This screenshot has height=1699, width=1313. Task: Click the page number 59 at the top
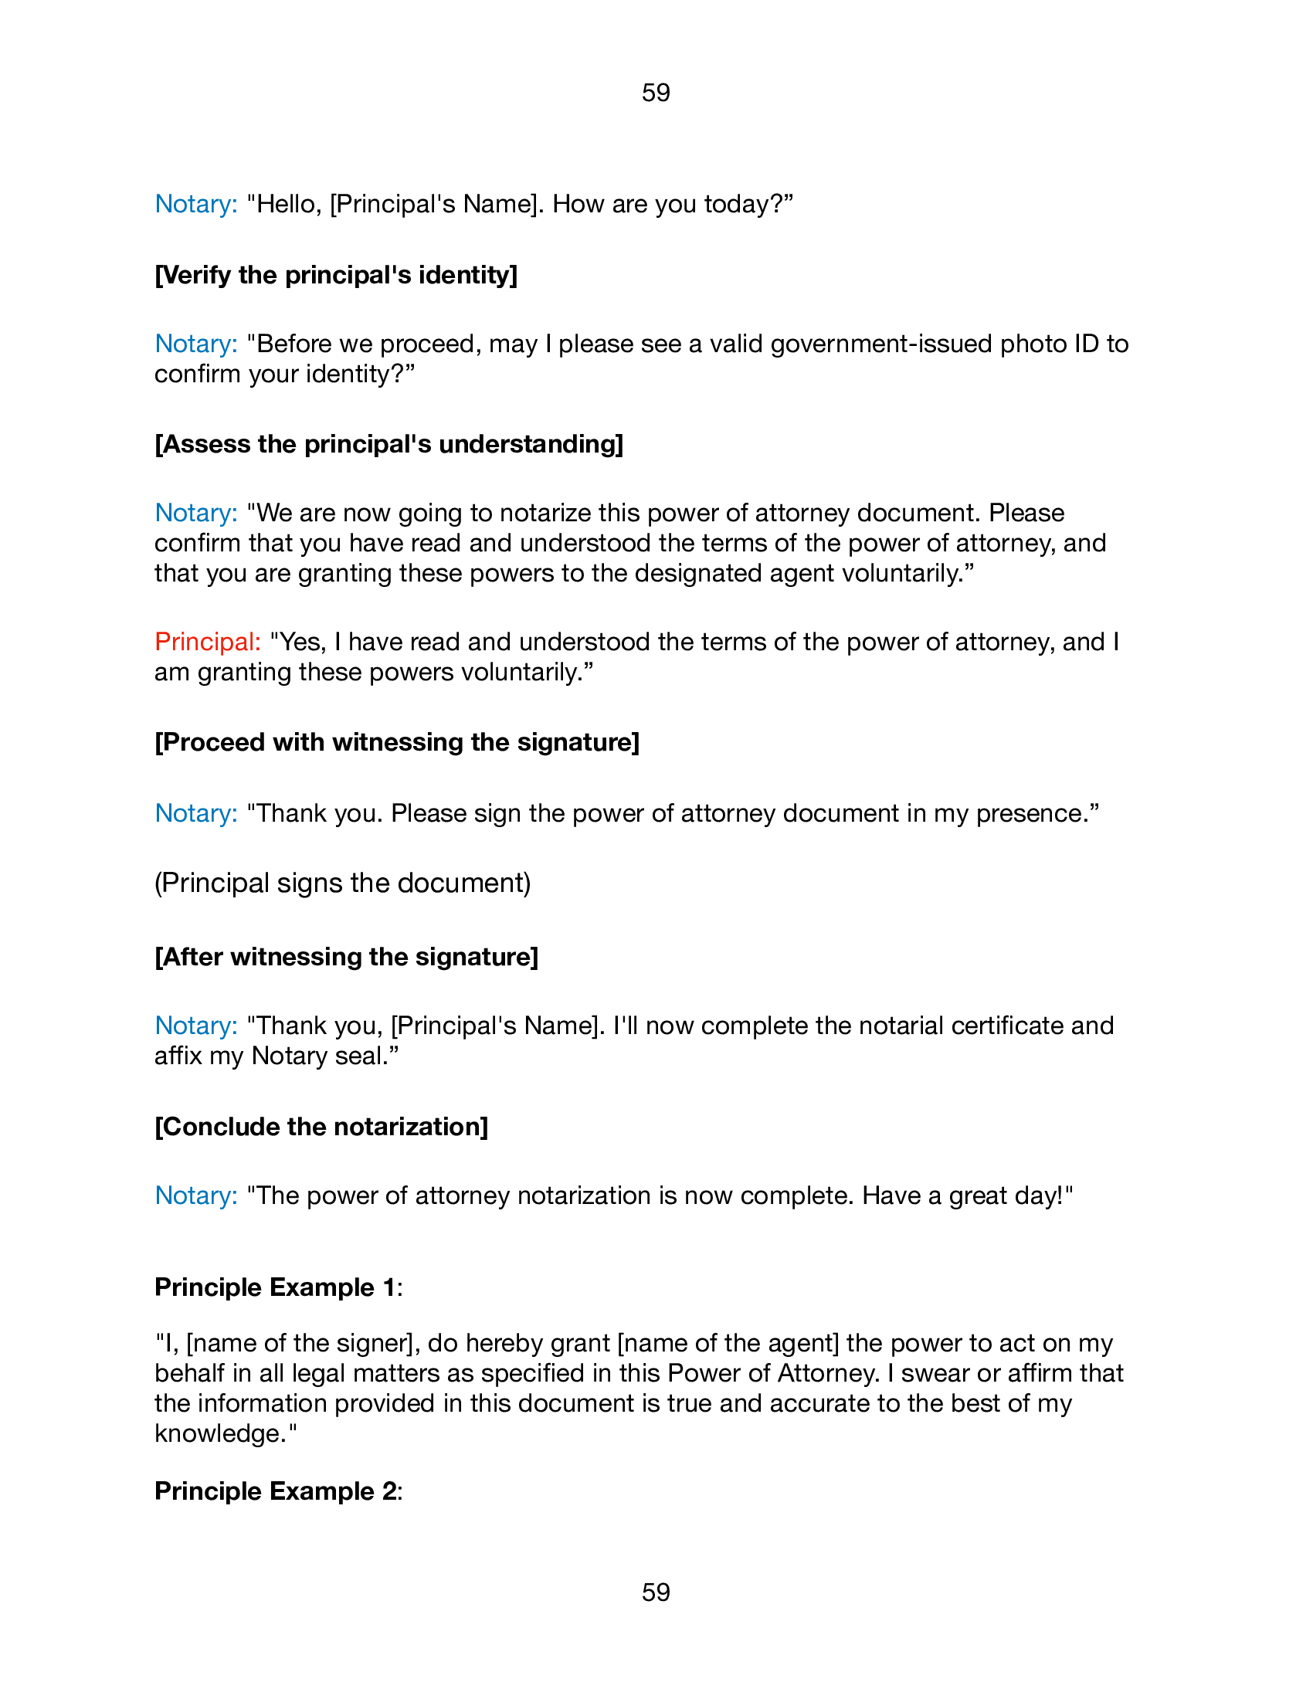(656, 93)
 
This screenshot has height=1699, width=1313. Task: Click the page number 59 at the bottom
(656, 1592)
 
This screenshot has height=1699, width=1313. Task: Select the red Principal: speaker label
(208, 642)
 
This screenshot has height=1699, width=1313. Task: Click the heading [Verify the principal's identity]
(336, 275)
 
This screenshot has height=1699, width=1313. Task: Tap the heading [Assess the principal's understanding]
(389, 444)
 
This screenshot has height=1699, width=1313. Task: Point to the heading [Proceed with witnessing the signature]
(397, 742)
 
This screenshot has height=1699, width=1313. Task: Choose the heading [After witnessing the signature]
(346, 957)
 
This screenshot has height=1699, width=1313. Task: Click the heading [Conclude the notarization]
(321, 1127)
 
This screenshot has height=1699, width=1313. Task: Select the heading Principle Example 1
(278, 1287)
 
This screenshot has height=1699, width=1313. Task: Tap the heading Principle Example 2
(278, 1491)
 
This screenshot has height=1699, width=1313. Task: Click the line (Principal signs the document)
(342, 883)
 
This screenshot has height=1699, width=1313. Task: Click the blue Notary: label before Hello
(196, 204)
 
